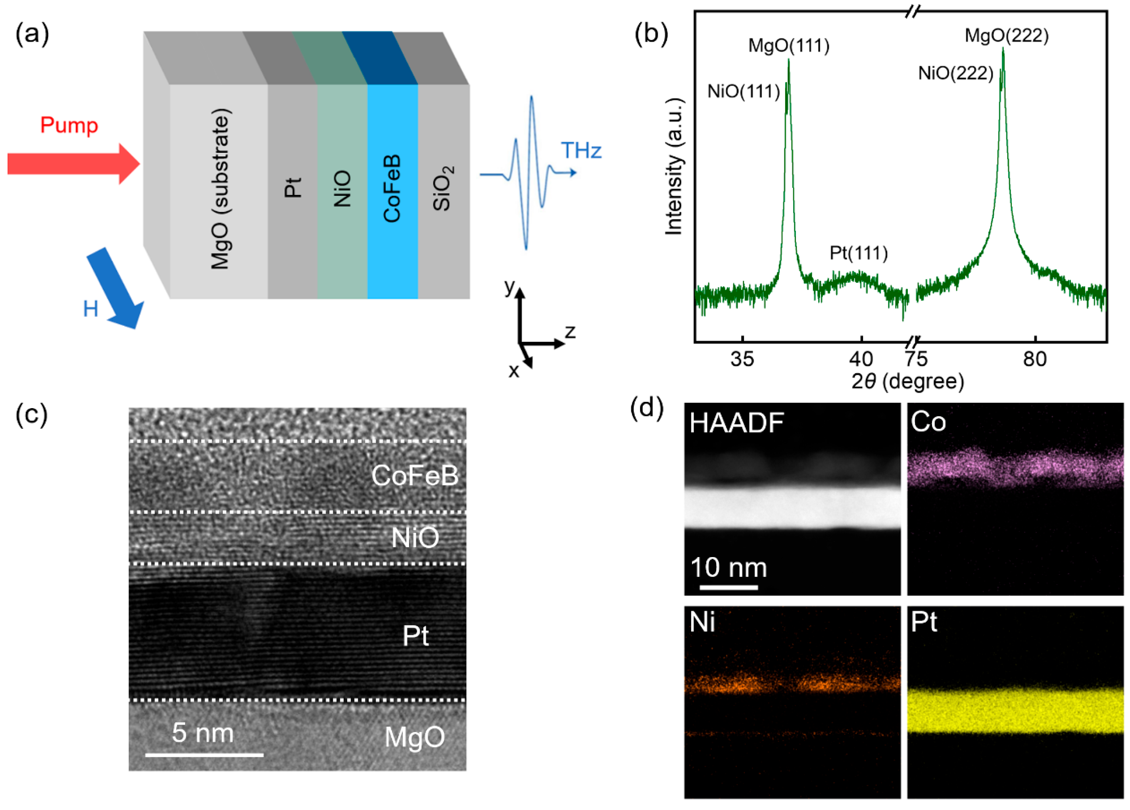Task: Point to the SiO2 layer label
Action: point(443,189)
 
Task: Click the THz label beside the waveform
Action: point(581,150)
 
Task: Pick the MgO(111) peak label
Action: point(789,46)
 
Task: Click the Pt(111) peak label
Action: point(859,253)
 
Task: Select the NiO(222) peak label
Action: point(955,74)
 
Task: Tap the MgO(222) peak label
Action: point(1007,36)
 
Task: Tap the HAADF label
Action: point(736,423)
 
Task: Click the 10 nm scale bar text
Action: point(728,567)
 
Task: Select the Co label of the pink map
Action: point(928,422)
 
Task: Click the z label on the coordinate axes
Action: point(570,332)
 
